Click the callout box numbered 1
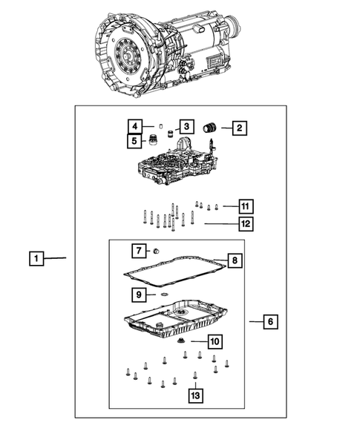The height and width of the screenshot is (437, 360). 36,259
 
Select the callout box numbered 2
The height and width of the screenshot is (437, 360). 239,128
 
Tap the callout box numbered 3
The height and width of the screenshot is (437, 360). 186,127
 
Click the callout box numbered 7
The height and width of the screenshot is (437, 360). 138,250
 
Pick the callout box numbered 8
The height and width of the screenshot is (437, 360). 234,260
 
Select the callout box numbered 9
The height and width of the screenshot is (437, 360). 139,295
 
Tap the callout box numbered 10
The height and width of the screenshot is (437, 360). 214,341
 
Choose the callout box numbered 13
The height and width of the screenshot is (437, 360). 195,396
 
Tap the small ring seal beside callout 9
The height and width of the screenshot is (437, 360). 162,295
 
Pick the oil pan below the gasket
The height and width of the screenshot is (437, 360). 177,320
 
